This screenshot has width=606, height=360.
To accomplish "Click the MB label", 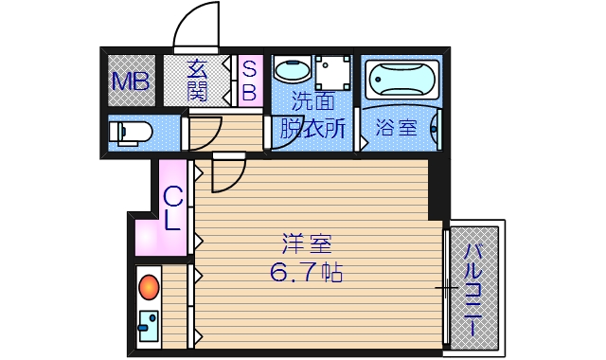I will (x=132, y=81).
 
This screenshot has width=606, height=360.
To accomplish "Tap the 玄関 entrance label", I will (x=197, y=80).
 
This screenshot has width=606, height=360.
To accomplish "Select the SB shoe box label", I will (x=249, y=80).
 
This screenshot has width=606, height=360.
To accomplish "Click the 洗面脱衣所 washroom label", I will (x=312, y=117).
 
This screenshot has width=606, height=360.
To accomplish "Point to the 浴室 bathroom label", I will (x=396, y=127).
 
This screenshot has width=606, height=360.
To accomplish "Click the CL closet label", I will (x=173, y=209).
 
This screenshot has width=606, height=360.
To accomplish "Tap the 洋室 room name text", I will (x=304, y=244).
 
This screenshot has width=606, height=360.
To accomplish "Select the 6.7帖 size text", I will (x=305, y=274).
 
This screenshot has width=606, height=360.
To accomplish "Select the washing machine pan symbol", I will (x=334, y=72).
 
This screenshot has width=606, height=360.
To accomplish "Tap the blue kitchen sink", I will (x=149, y=326).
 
